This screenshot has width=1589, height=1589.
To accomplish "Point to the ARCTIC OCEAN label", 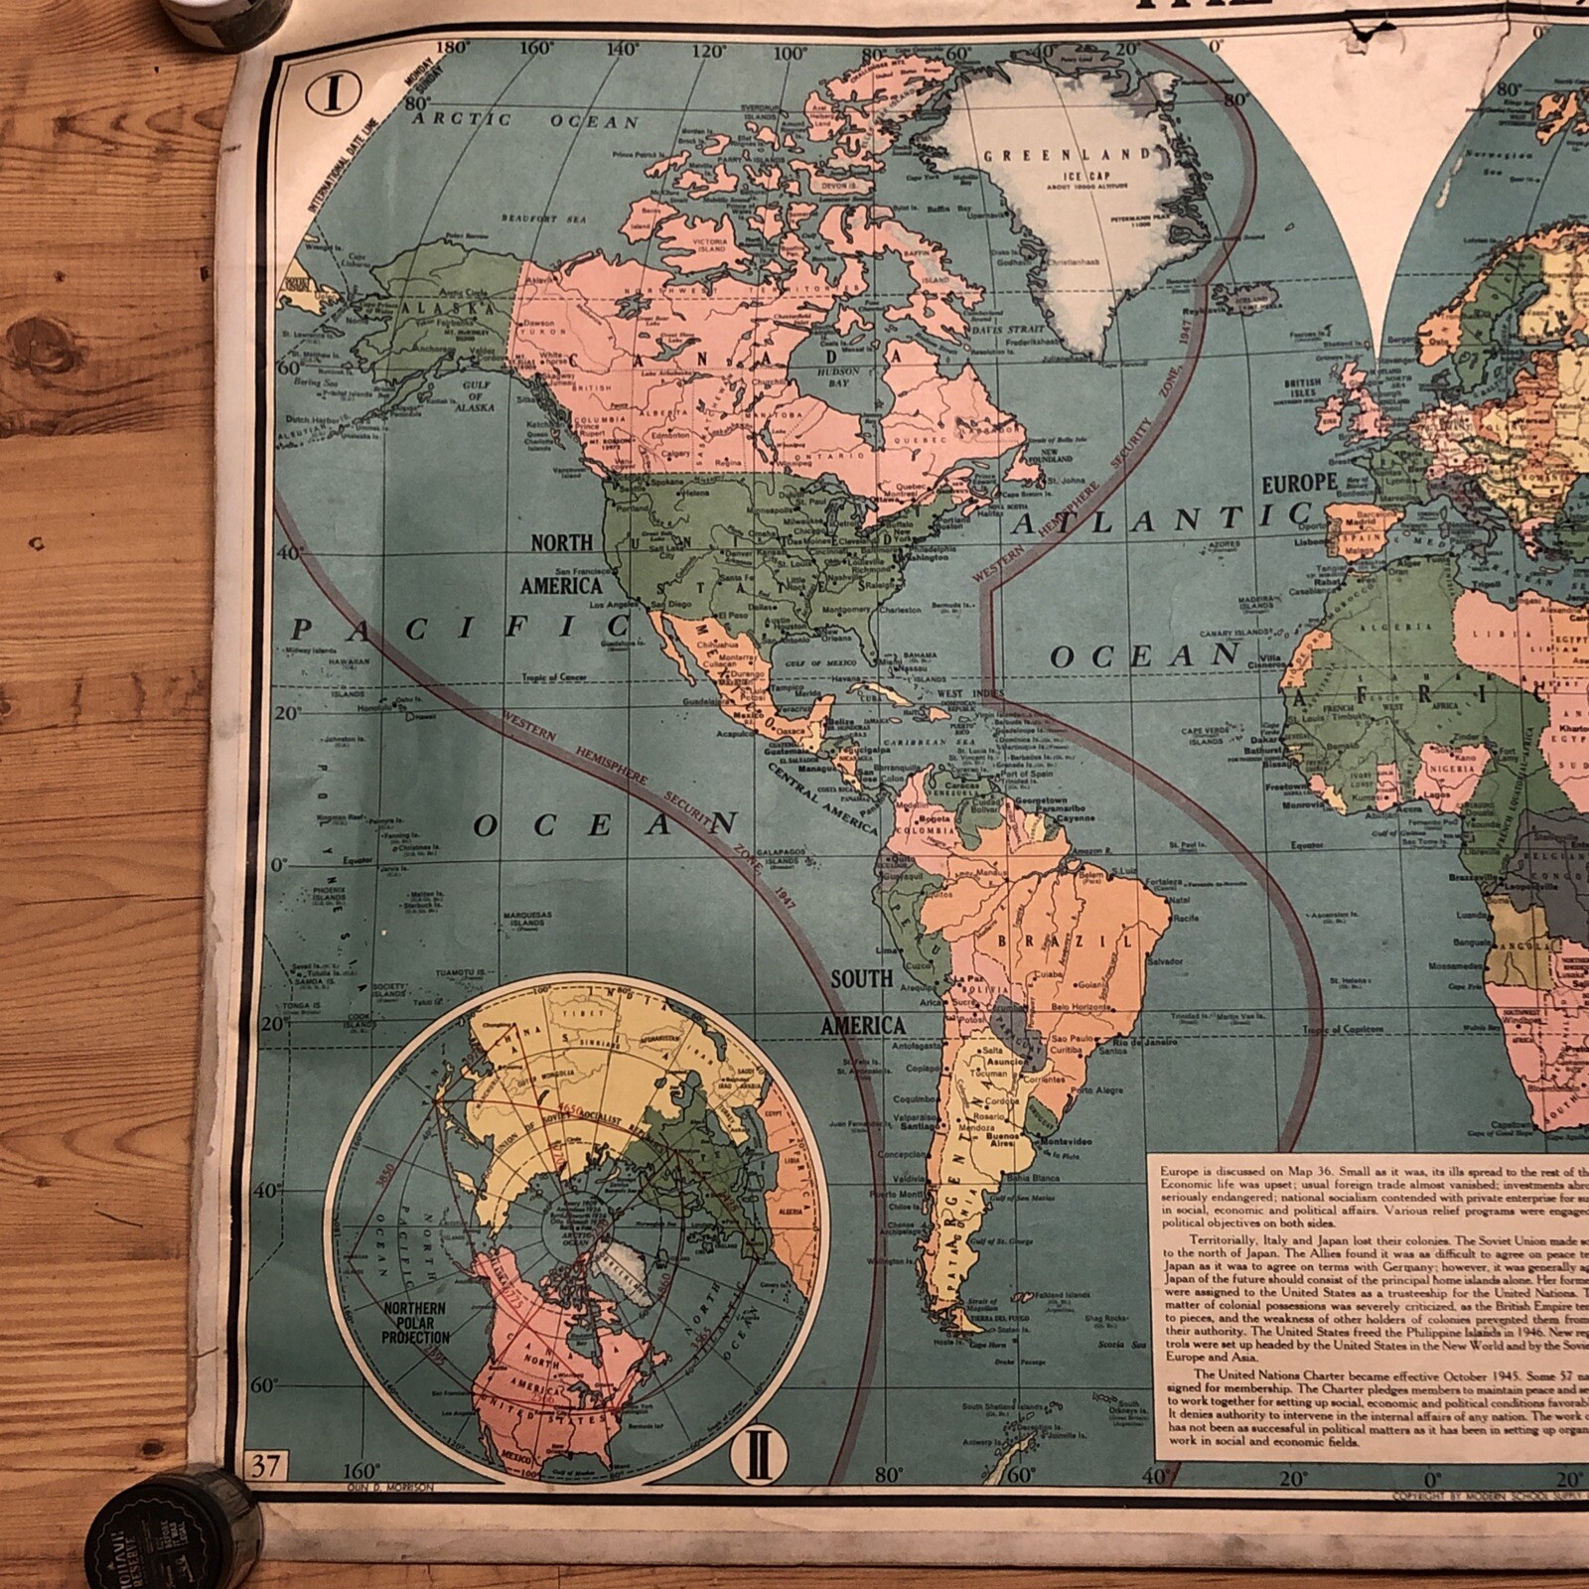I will point(525,121).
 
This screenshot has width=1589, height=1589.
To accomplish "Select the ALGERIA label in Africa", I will point(1399,628).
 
